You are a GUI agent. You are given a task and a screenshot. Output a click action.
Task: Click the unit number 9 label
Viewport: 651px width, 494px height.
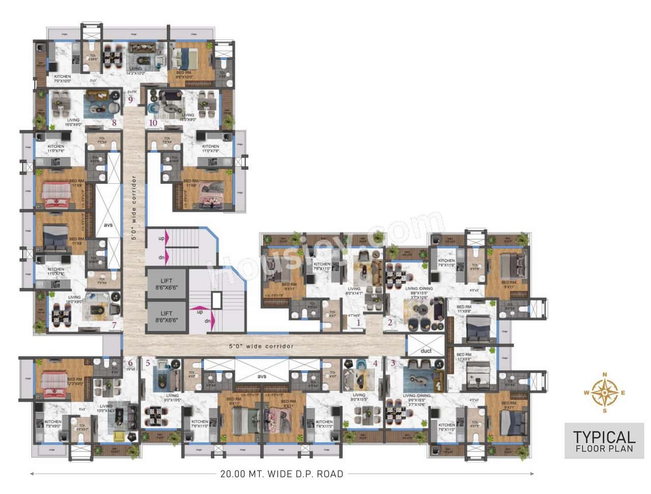click(x=131, y=100)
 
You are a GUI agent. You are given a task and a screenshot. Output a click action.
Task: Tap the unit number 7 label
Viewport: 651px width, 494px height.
click(x=114, y=325)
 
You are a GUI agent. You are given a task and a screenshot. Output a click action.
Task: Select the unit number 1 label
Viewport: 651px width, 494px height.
click(x=358, y=322)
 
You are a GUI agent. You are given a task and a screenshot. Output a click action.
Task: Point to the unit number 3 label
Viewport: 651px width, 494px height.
click(x=393, y=363)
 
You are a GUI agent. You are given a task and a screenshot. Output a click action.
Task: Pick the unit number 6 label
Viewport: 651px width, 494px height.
click(x=130, y=363)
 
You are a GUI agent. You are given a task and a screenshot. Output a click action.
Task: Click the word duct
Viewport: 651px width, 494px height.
click(x=426, y=351)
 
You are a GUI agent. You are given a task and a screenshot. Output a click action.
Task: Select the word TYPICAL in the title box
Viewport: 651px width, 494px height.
click(x=604, y=437)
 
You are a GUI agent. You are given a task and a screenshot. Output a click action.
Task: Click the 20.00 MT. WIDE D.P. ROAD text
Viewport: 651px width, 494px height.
click(x=282, y=474)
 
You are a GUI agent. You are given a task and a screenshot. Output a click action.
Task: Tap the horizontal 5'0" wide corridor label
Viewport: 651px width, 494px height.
click(x=261, y=346)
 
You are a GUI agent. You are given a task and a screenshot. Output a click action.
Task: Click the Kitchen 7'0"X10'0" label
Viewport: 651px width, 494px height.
click(x=63, y=79)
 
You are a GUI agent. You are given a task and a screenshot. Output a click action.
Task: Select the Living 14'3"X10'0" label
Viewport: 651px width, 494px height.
click(x=135, y=71)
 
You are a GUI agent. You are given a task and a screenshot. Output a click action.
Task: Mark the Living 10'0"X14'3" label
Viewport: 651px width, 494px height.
click(x=106, y=409)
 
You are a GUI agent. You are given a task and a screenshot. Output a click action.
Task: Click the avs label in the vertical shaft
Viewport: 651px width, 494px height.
click(x=108, y=224)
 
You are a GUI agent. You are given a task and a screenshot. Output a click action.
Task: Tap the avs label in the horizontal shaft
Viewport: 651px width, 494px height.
click(x=261, y=376)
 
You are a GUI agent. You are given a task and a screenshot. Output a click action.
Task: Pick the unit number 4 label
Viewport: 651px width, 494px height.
click(x=375, y=363)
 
